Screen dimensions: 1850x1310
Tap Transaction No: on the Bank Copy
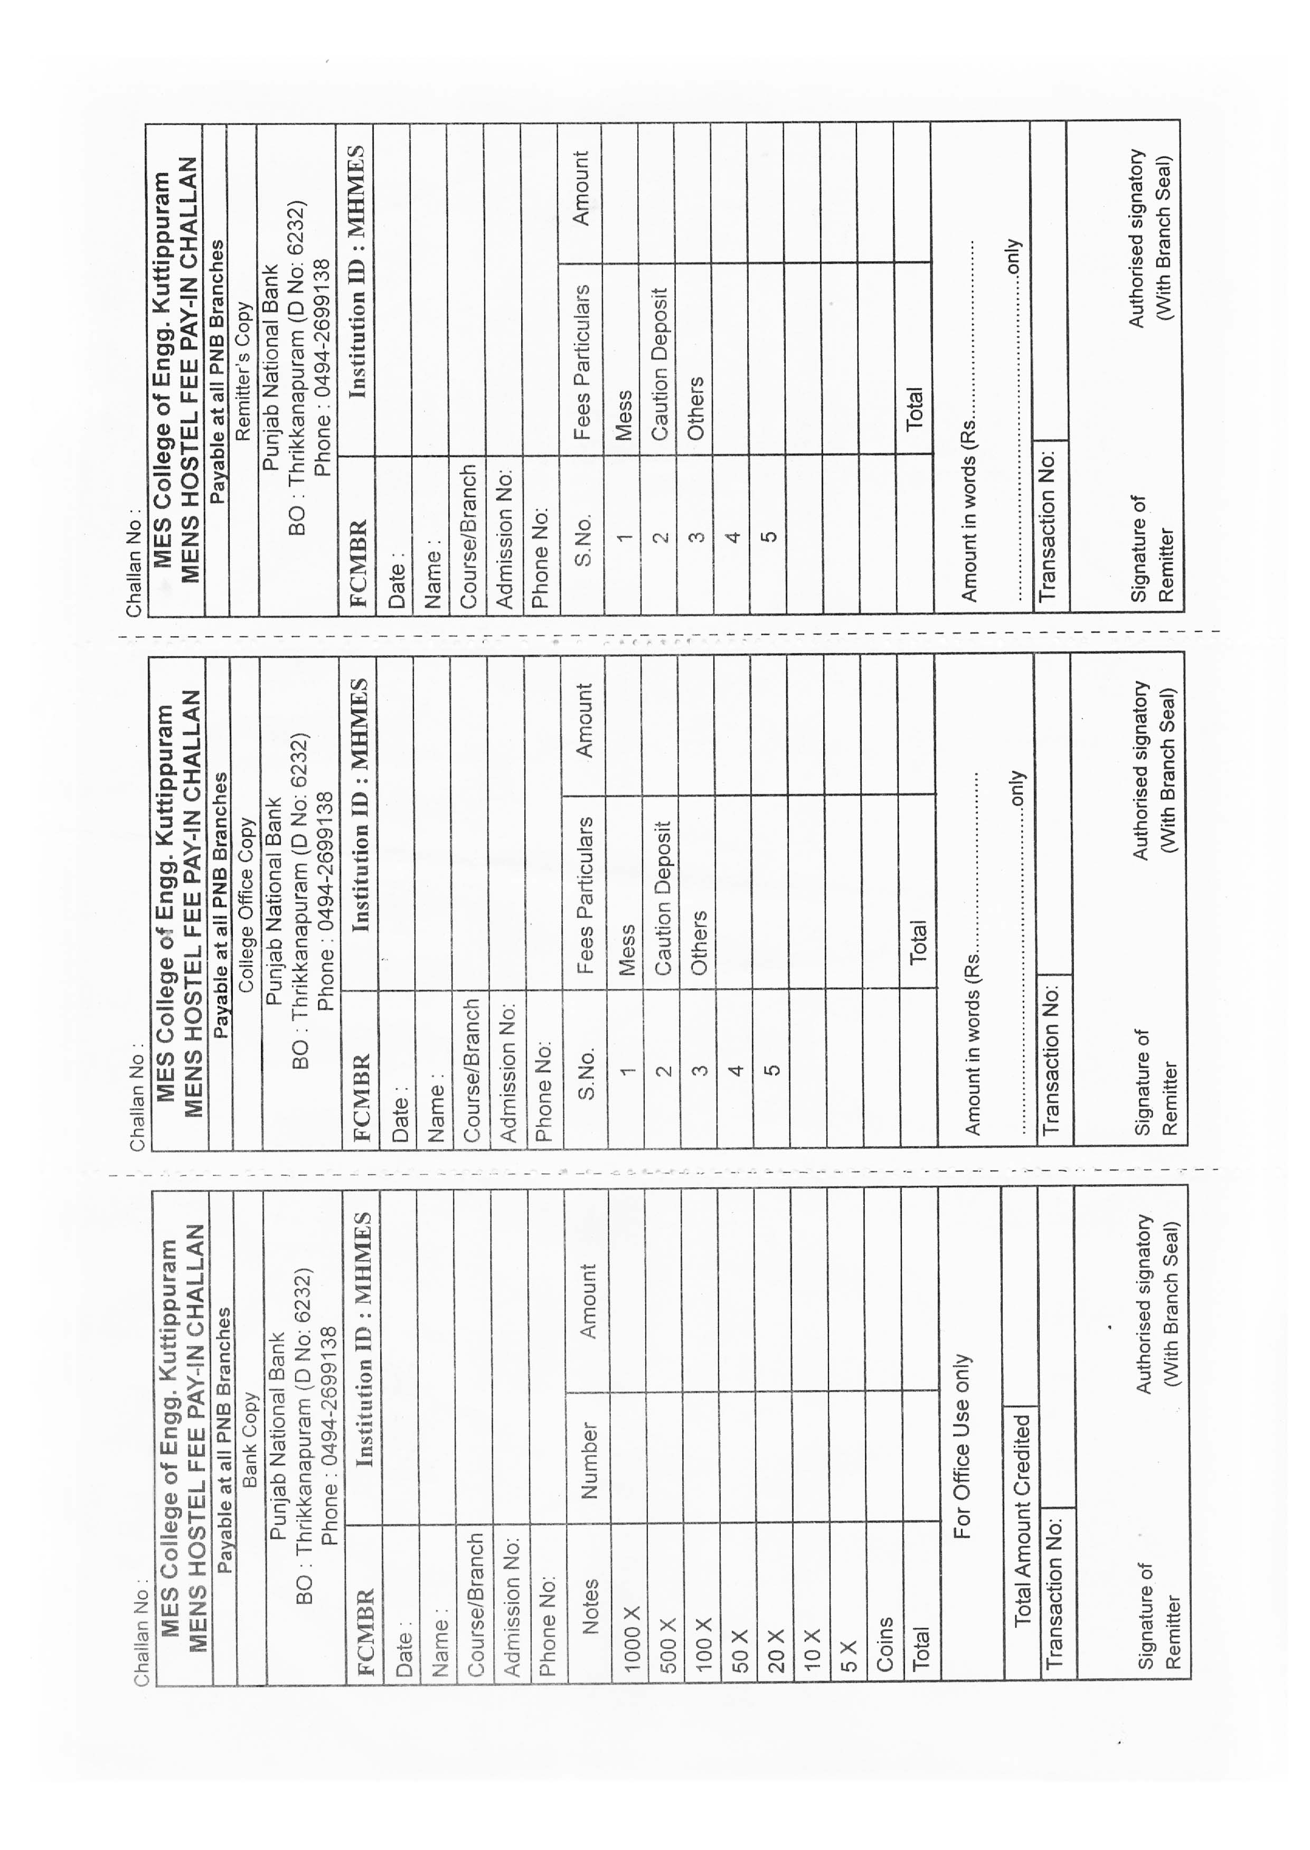(1053, 1593)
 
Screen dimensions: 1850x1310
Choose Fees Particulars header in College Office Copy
(585, 895)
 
